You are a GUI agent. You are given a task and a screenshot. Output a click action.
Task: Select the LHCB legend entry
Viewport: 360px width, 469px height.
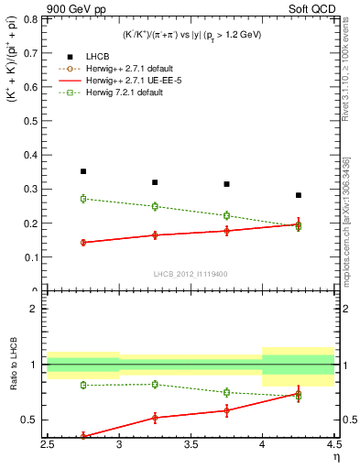[112, 58]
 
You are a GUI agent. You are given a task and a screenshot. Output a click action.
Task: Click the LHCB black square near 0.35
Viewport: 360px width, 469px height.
[83, 171]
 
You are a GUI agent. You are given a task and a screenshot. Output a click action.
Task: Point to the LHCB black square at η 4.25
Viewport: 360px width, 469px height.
[299, 195]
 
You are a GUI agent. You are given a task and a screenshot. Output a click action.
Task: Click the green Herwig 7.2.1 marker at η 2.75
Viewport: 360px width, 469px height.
[83, 198]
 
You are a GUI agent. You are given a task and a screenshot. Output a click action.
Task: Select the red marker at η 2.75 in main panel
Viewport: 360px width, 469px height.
[83, 243]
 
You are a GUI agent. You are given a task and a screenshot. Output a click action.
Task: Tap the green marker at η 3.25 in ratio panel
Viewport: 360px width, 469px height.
[155, 384]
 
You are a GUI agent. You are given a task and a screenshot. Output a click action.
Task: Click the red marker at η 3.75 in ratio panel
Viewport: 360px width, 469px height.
[226, 409]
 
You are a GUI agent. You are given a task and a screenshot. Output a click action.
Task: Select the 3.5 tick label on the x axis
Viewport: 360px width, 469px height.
[191, 445]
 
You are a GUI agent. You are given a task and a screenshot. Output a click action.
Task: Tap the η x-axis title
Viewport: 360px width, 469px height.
[336, 456]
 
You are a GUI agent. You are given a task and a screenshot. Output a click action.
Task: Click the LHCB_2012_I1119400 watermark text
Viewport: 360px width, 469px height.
[191, 275]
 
